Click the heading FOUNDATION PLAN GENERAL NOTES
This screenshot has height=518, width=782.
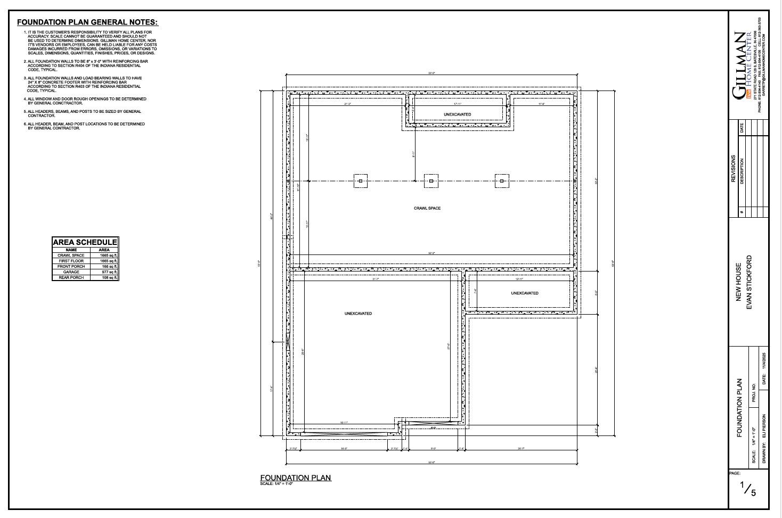[87, 22]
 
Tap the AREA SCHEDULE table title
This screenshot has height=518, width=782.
[85, 242]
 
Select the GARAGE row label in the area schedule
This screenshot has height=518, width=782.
[71, 272]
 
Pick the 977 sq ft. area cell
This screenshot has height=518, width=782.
[108, 272]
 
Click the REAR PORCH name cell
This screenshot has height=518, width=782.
[71, 277]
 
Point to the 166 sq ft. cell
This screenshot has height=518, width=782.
[109, 266]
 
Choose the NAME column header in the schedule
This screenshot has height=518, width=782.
[71, 250]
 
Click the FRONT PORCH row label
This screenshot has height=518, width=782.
[71, 266]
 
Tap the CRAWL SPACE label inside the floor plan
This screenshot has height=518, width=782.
[427, 208]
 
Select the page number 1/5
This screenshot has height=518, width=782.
[748, 489]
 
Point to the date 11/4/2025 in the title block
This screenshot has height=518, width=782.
[764, 367]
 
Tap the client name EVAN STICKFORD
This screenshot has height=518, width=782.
[749, 282]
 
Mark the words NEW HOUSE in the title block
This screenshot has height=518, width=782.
[739, 282]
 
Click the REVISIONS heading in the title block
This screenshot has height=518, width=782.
[734, 169]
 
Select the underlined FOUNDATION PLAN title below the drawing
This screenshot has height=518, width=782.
[296, 478]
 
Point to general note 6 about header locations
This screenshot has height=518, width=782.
[85, 126]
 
